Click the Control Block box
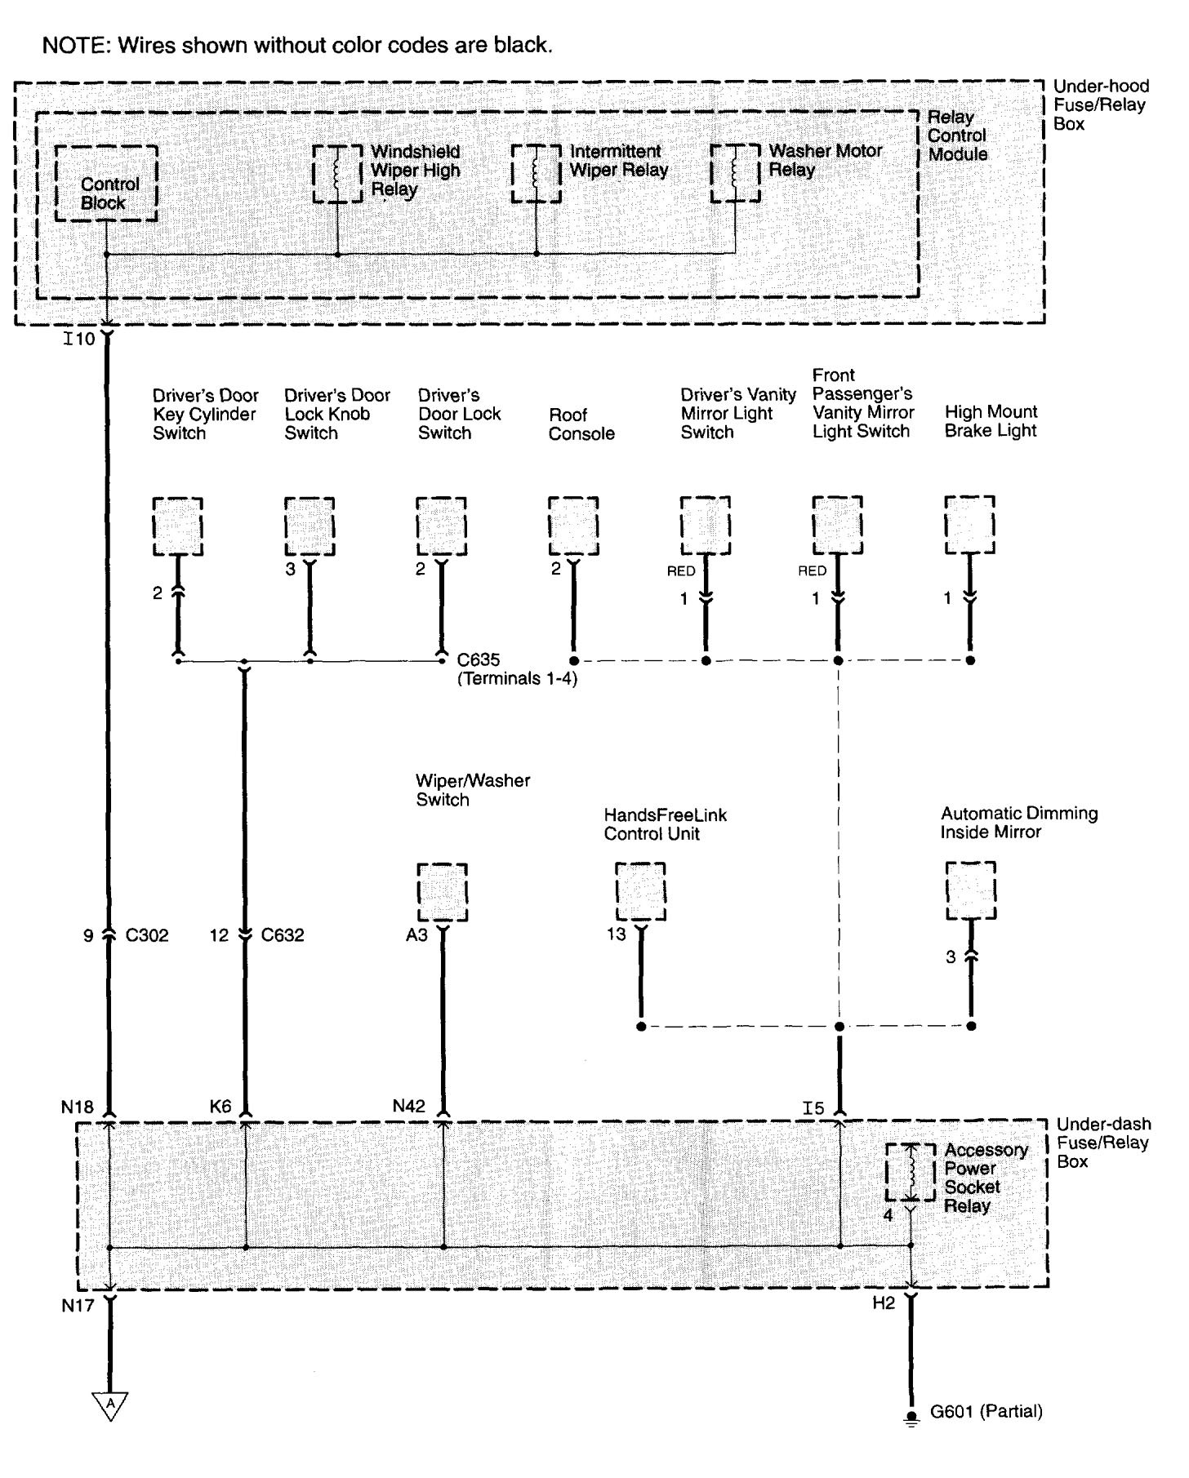tap(106, 184)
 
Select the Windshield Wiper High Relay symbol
tap(338, 173)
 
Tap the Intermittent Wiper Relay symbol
tap(537, 173)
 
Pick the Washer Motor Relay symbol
tap(735, 173)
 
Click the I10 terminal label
tap(79, 338)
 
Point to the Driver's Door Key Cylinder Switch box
tap(178, 526)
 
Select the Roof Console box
tap(573, 526)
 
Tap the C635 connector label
tap(479, 659)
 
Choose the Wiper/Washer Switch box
tap(443, 892)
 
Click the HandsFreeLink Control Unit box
tap(640, 892)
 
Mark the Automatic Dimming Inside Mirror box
tap(971, 890)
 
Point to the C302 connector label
tap(147, 935)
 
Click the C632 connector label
tap(283, 935)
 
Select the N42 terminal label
tap(408, 1107)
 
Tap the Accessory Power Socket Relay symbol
tap(911, 1172)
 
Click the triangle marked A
tap(109, 1405)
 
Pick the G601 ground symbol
tap(911, 1418)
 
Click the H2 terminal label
tap(884, 1303)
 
